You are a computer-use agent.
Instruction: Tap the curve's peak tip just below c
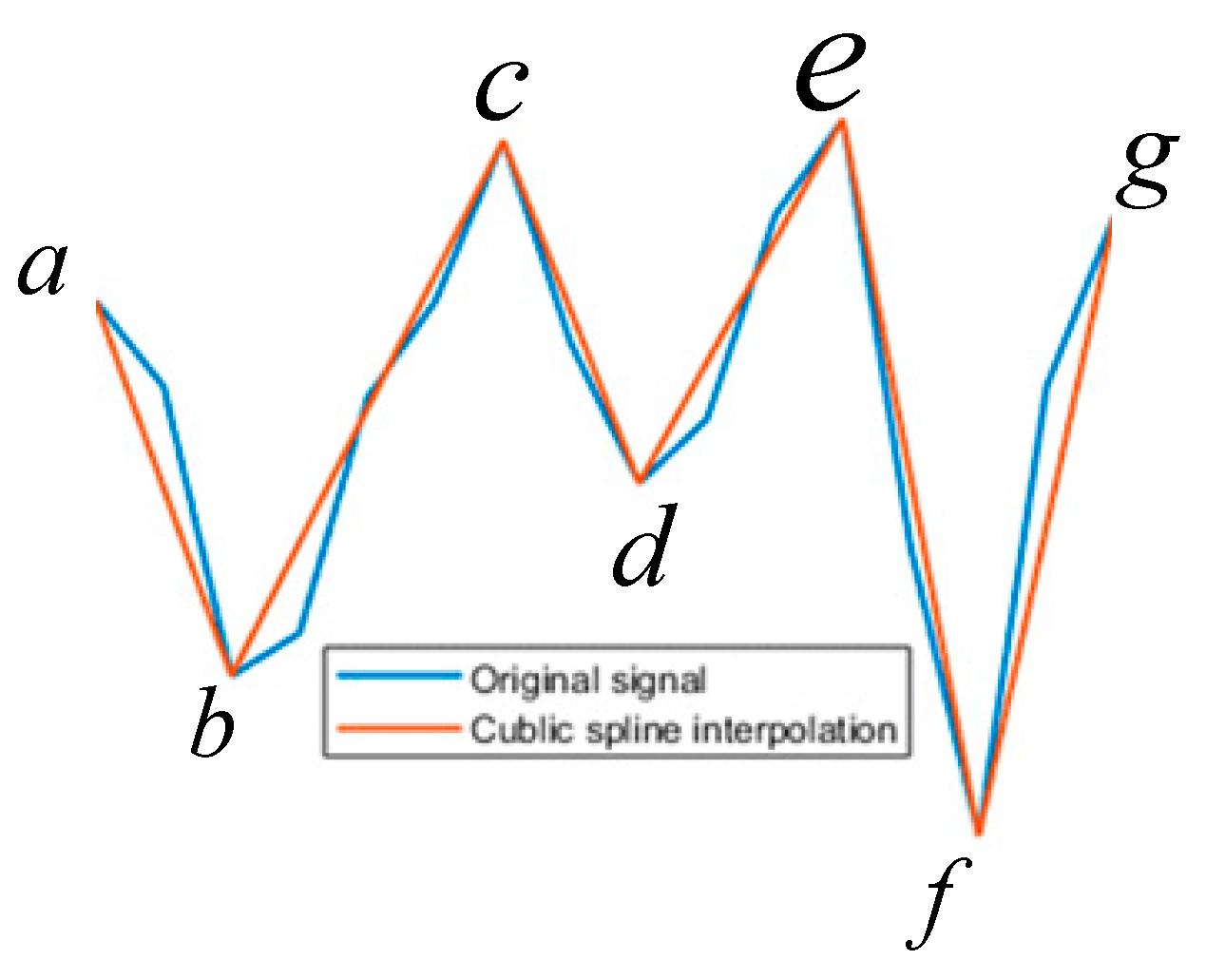[503, 143]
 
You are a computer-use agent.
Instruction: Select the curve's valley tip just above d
[640, 481]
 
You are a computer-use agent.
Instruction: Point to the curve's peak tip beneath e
[841, 122]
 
